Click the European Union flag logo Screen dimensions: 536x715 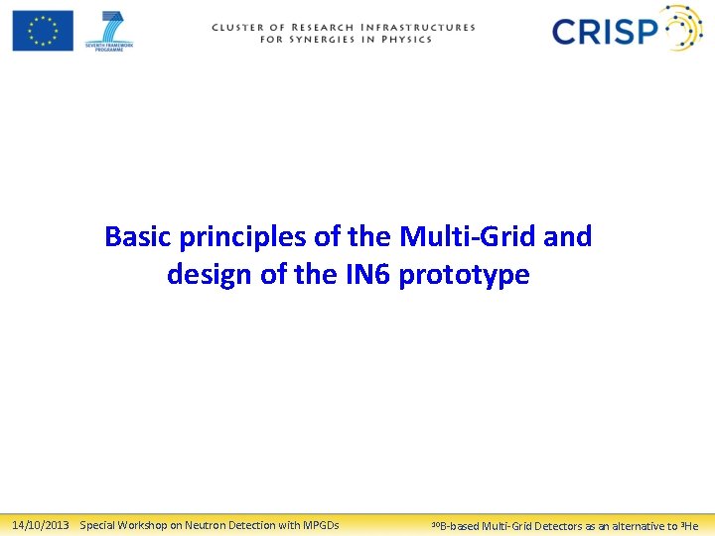43,30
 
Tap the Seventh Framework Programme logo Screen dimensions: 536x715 109,30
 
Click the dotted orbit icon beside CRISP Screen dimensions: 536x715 682,29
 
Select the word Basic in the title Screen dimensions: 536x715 138,237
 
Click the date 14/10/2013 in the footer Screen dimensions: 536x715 40,525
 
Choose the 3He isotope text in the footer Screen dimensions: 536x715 689,526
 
